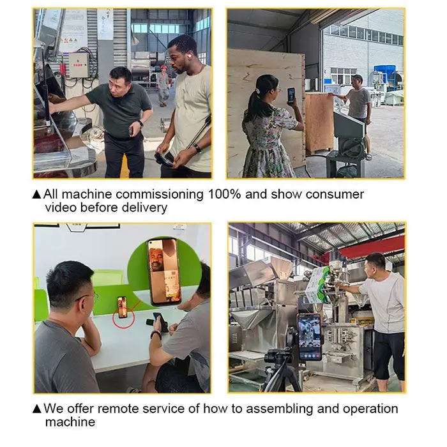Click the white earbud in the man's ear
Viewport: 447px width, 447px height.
click(189, 56)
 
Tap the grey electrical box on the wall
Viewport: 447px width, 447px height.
click(79, 66)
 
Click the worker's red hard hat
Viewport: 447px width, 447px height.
click(163, 67)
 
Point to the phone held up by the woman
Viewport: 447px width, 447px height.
click(291, 96)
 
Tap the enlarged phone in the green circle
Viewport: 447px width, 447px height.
click(164, 271)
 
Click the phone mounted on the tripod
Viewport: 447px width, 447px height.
click(309, 337)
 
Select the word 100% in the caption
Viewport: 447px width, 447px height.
click(224, 194)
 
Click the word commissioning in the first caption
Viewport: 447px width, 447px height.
click(160, 195)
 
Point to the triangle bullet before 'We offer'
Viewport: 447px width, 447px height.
click(37, 409)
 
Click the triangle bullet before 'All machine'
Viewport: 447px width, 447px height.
click(37, 194)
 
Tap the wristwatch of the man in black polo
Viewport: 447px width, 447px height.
click(140, 123)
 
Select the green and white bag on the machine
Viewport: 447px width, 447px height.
click(319, 285)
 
